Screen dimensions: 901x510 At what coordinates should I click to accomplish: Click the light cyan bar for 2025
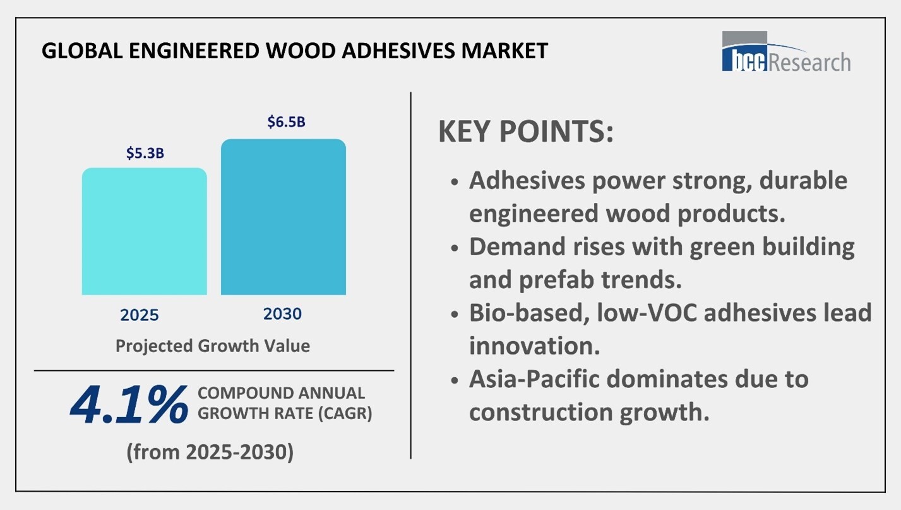145,231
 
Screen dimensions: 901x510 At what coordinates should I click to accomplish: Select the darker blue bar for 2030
283,217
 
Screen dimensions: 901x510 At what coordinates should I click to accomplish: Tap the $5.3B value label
145,153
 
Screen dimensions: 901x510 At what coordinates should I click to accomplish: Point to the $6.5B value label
287,121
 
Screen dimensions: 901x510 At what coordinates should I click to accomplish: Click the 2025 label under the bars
140,315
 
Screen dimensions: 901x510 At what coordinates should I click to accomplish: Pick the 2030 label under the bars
282,314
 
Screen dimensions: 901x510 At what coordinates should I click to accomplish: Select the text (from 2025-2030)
210,452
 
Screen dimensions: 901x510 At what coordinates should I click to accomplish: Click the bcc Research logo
786,52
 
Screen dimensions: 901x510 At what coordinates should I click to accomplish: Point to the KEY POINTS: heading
526,131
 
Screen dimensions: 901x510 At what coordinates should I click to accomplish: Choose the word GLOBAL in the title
82,51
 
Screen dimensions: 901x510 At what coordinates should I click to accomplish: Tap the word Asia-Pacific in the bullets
534,379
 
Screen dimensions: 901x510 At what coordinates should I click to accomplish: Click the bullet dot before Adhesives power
455,181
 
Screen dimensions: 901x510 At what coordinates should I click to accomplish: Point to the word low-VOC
647,313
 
